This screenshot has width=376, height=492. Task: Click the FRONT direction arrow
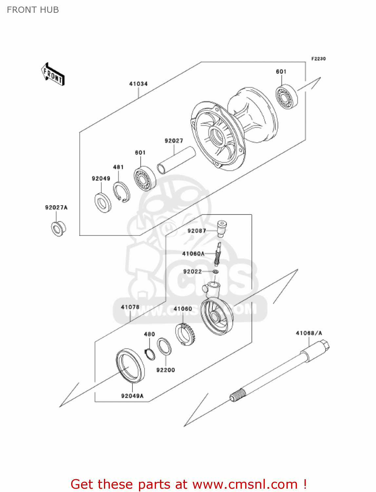tap(53, 74)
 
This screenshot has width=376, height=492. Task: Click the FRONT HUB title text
tap(33, 10)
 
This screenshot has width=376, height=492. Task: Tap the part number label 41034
tap(138, 84)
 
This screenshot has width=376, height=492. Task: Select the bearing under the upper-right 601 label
tap(287, 96)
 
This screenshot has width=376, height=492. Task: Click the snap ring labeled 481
tap(121, 192)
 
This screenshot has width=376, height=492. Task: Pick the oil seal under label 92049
tap(103, 203)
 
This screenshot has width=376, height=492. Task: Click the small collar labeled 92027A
tap(58, 229)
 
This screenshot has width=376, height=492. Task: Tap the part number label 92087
tap(197, 231)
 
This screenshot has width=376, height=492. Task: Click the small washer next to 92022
tap(215, 272)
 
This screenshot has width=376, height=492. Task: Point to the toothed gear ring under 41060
tap(186, 334)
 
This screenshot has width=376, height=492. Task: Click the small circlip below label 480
tap(150, 354)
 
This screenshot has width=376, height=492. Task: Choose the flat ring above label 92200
tap(164, 346)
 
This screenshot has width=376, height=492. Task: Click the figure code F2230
tap(318, 59)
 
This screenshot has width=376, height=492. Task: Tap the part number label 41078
tap(130, 307)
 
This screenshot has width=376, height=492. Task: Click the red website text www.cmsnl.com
tap(245, 484)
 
